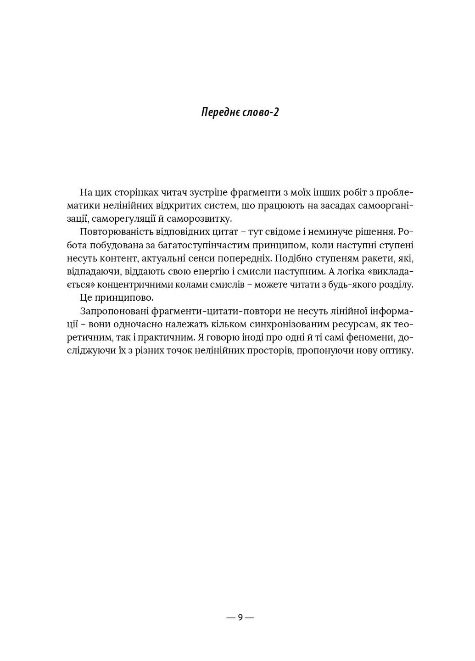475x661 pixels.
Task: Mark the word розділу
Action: point(395,285)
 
